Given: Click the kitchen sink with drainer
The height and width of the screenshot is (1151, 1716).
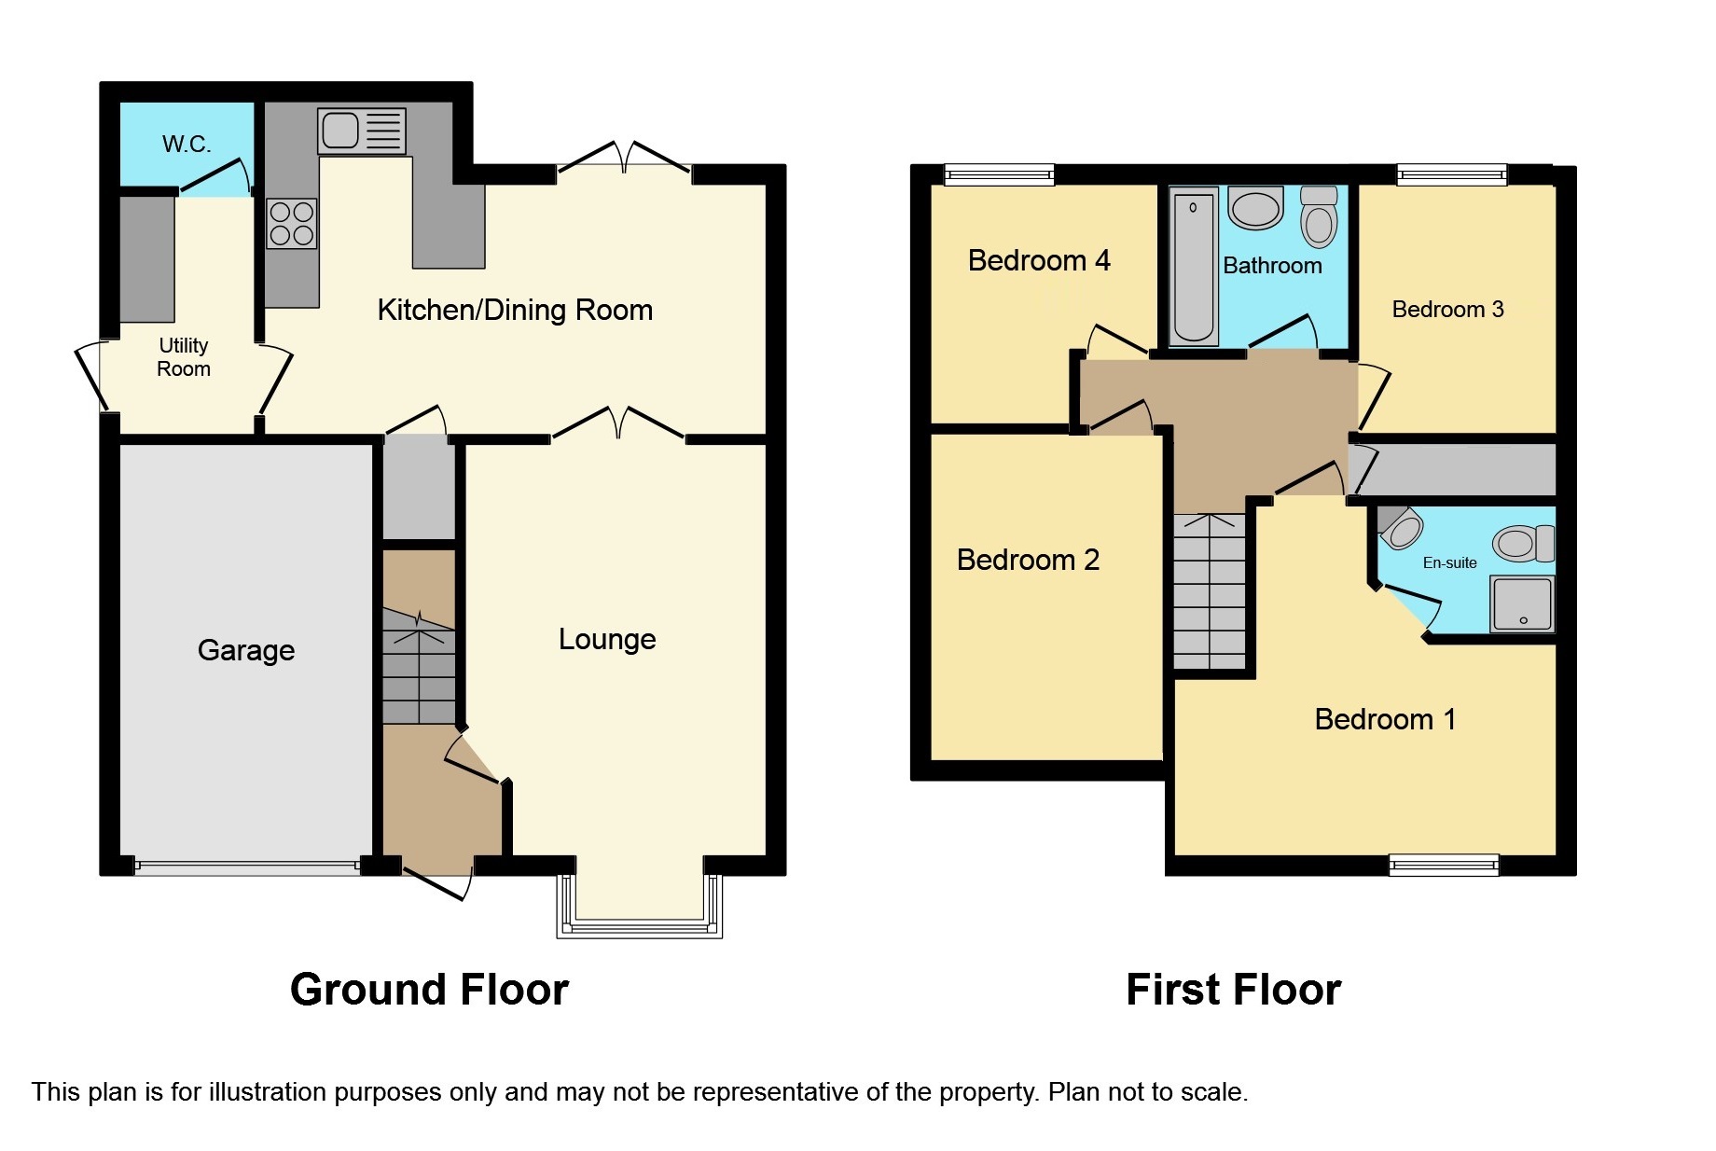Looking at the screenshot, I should (x=362, y=131).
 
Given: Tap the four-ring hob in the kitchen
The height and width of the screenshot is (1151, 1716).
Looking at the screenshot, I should (x=292, y=224).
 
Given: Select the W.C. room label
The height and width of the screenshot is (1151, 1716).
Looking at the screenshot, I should (x=187, y=144).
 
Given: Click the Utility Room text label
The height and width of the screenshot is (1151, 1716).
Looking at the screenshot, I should (x=184, y=357).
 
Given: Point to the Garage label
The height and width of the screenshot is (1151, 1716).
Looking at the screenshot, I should (x=246, y=650).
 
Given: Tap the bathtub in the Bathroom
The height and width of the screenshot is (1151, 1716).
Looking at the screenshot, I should (x=1194, y=266).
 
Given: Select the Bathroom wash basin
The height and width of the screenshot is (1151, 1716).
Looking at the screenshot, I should (x=1255, y=209).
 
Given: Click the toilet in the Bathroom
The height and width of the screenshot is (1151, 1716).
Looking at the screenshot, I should (x=1319, y=216).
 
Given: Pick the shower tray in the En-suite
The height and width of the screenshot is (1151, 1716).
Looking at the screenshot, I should (x=1522, y=603).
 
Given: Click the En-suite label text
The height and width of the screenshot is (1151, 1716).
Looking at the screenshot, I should (x=1449, y=562).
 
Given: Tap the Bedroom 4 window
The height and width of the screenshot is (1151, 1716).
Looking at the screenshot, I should (x=999, y=174).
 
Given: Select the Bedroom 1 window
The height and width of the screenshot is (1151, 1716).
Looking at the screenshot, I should (x=1444, y=865).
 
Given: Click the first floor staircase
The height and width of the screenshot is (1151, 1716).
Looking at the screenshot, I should (x=1210, y=591).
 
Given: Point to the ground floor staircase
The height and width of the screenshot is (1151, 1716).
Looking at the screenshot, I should (x=419, y=667).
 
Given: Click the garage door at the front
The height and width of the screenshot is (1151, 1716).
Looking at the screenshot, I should (x=247, y=867).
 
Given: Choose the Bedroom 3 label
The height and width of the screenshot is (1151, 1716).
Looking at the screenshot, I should (x=1447, y=310).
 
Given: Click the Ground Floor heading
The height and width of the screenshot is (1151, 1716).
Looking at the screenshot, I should (x=429, y=990).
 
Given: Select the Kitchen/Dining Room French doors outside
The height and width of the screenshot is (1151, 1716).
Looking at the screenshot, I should (x=624, y=157).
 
